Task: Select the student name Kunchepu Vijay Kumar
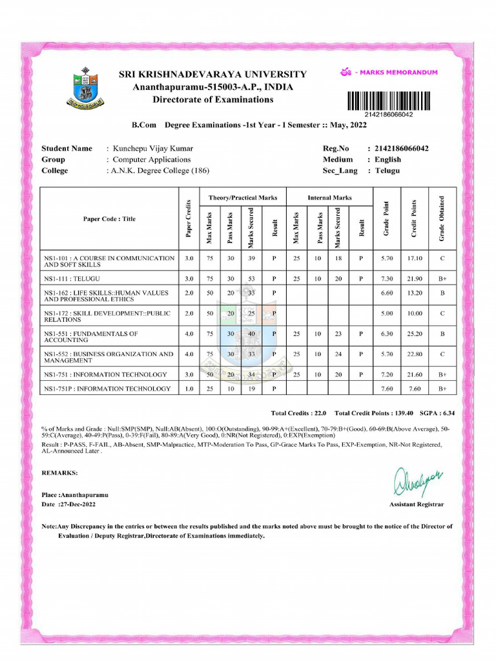pos(153,149)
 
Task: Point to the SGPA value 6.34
pos(446,412)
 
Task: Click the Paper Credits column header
pos(188,218)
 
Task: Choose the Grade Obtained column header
pos(442,218)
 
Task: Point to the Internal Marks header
pos(329,197)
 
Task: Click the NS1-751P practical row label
pos(107,389)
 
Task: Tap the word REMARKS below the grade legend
pos(59,473)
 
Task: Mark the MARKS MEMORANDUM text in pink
pos(400,72)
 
